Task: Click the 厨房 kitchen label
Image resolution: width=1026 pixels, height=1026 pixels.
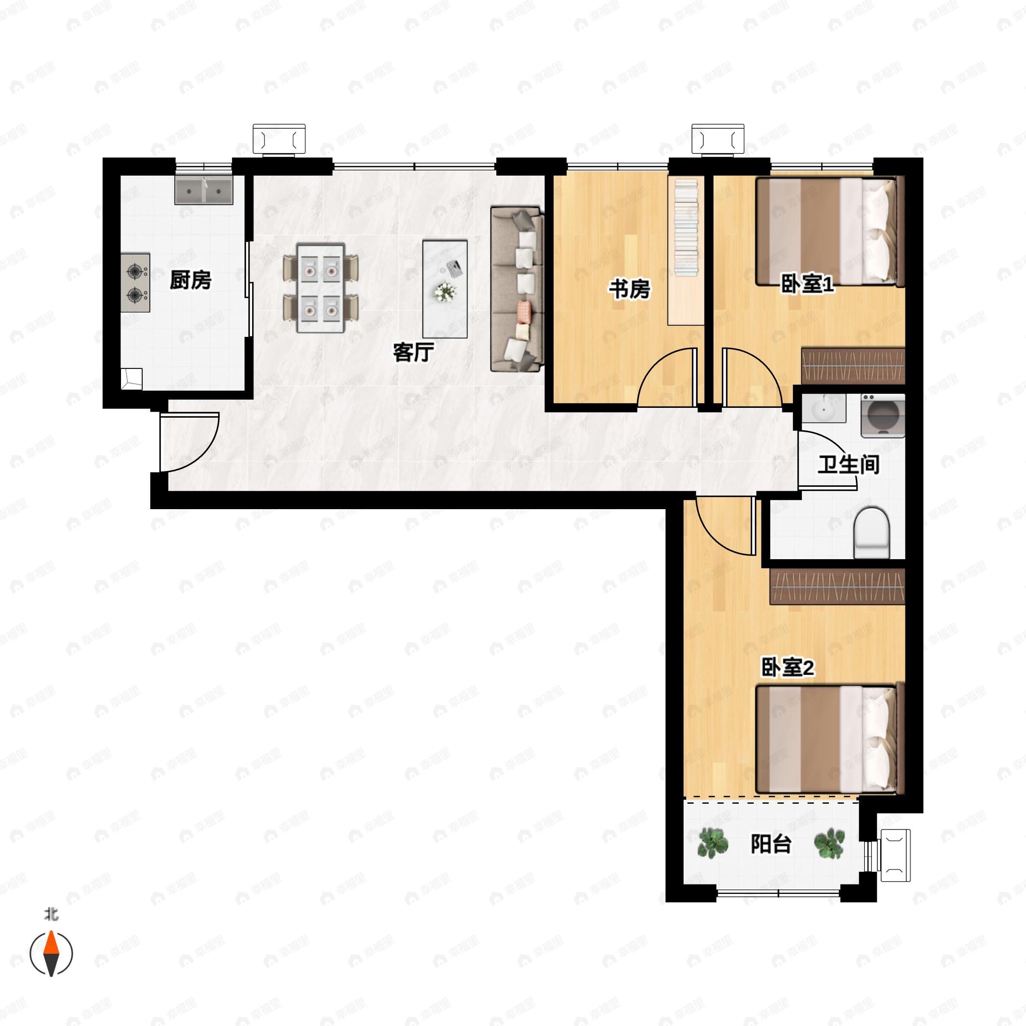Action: [x=190, y=280]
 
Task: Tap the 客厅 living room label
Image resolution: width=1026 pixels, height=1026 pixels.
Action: [x=413, y=352]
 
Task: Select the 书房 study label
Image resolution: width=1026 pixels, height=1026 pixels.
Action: [x=629, y=289]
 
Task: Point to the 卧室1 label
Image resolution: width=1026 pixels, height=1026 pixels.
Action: [x=807, y=284]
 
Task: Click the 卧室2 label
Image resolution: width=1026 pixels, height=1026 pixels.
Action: [x=787, y=667]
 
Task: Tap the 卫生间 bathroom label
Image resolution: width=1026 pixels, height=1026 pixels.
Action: [x=848, y=465]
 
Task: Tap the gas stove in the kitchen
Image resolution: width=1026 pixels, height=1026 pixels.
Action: [x=136, y=283]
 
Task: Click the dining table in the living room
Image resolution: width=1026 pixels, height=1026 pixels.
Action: [x=321, y=288]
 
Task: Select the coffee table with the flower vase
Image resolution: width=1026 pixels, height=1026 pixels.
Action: [x=445, y=289]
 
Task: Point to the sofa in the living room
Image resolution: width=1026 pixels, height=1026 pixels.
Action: [x=517, y=289]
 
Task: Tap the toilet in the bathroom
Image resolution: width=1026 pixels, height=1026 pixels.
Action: [x=871, y=532]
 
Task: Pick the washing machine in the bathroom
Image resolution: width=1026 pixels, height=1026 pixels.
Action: [x=883, y=415]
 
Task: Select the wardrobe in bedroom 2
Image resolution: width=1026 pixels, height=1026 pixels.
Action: [x=837, y=586]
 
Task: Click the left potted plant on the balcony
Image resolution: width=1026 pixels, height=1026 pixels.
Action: [x=713, y=843]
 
